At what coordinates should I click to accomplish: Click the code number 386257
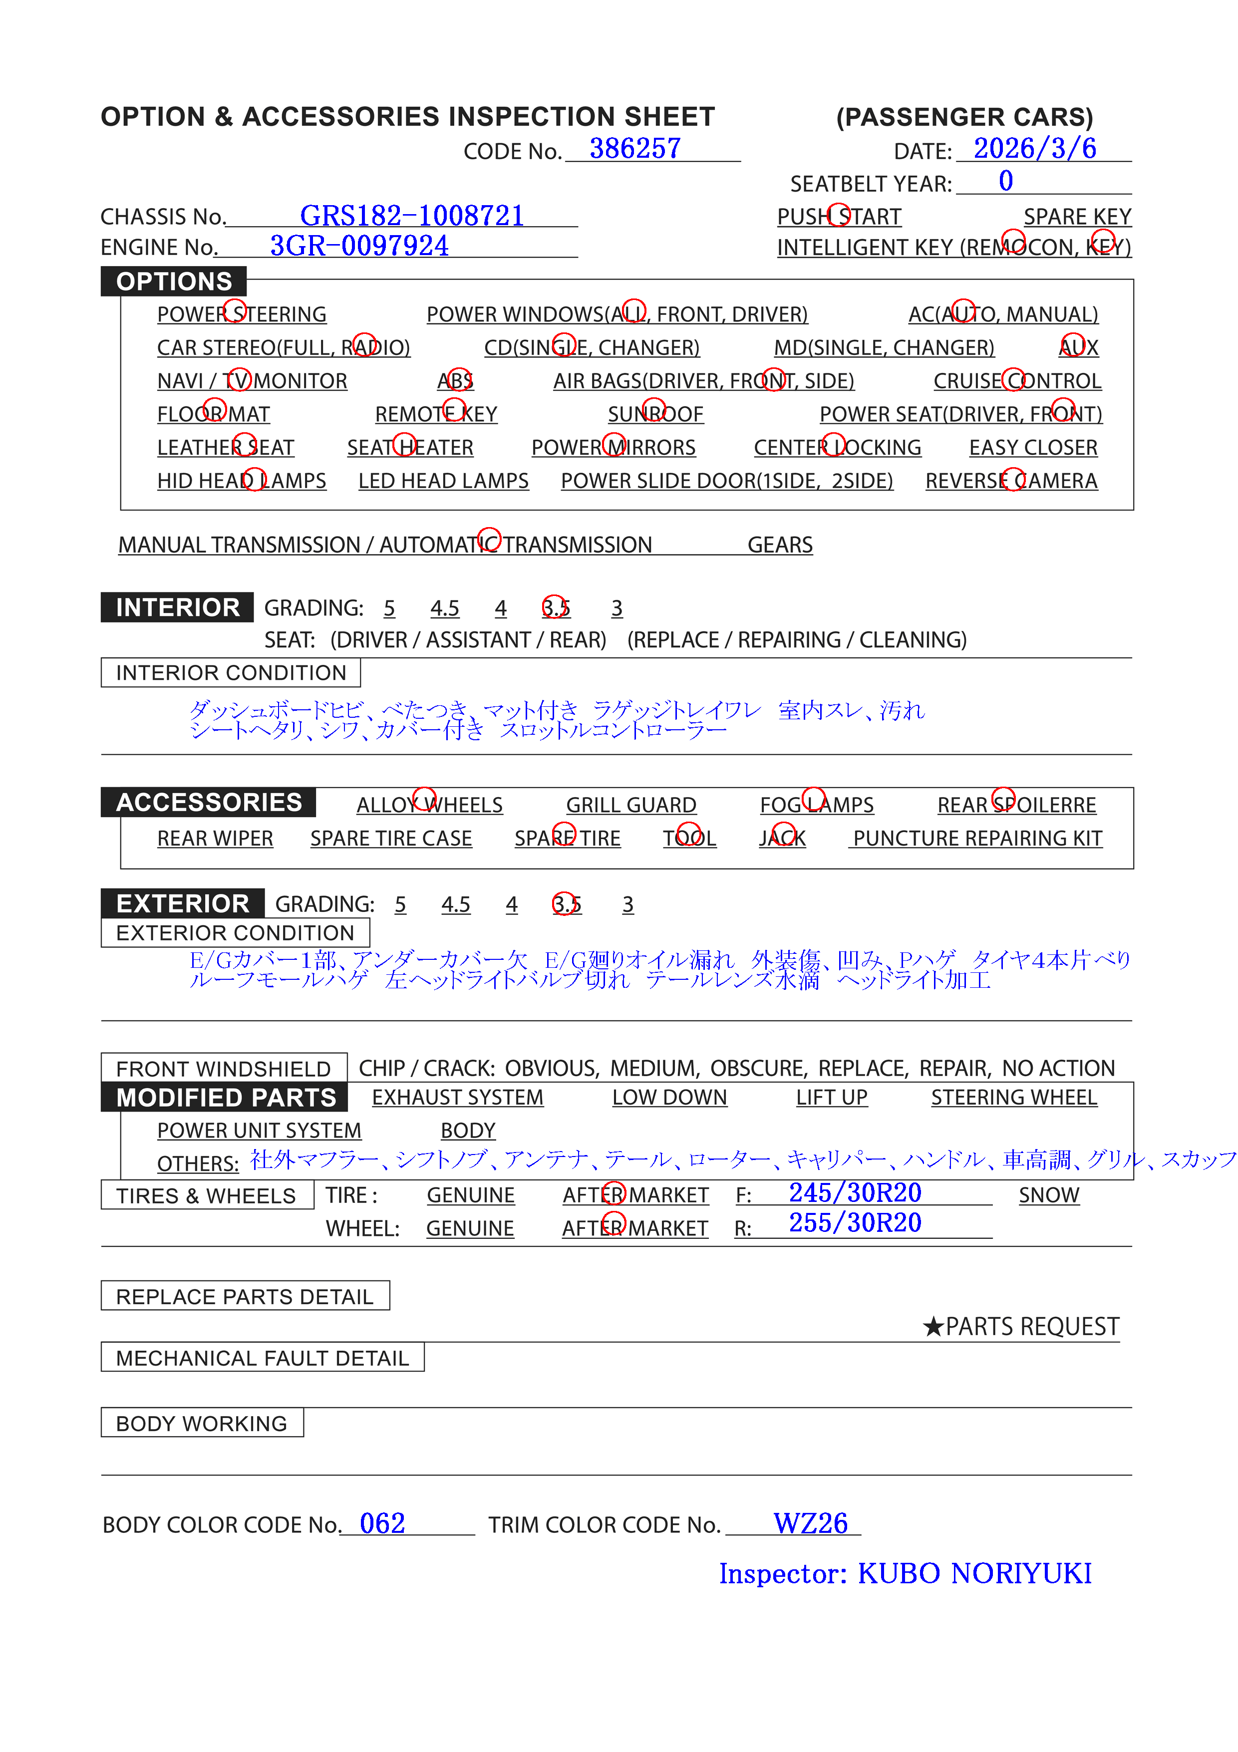pos(634,149)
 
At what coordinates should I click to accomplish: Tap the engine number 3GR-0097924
pos(359,246)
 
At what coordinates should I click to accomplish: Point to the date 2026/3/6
pos(1034,149)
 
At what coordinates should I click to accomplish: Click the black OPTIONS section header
pos(174,282)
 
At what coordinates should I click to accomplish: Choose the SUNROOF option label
pos(655,414)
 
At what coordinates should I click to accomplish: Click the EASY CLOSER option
pos(1033,448)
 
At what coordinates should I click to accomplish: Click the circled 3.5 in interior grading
pos(556,608)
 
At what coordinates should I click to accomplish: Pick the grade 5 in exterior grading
pos(400,904)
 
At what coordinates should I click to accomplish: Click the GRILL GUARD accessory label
pos(630,805)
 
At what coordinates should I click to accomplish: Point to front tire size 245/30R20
pos(855,1192)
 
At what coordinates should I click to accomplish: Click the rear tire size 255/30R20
pos(855,1223)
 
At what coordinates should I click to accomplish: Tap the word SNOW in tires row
pos(1049,1196)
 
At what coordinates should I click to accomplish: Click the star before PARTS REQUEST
pos(932,1327)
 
